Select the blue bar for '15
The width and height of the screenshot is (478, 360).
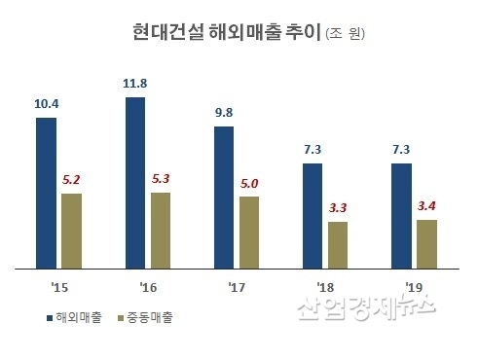click(47, 192)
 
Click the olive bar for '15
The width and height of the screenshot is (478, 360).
click(72, 230)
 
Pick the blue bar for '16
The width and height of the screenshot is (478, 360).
click(136, 182)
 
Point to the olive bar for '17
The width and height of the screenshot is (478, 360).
click(248, 232)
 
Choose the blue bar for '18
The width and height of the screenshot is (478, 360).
click(313, 215)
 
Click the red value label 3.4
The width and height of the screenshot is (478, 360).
click(426, 205)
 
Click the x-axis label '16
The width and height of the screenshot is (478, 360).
click(149, 287)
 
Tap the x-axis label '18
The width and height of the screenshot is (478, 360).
click(325, 287)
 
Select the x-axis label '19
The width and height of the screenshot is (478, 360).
click(414, 287)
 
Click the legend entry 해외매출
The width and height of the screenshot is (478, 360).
click(74, 316)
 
